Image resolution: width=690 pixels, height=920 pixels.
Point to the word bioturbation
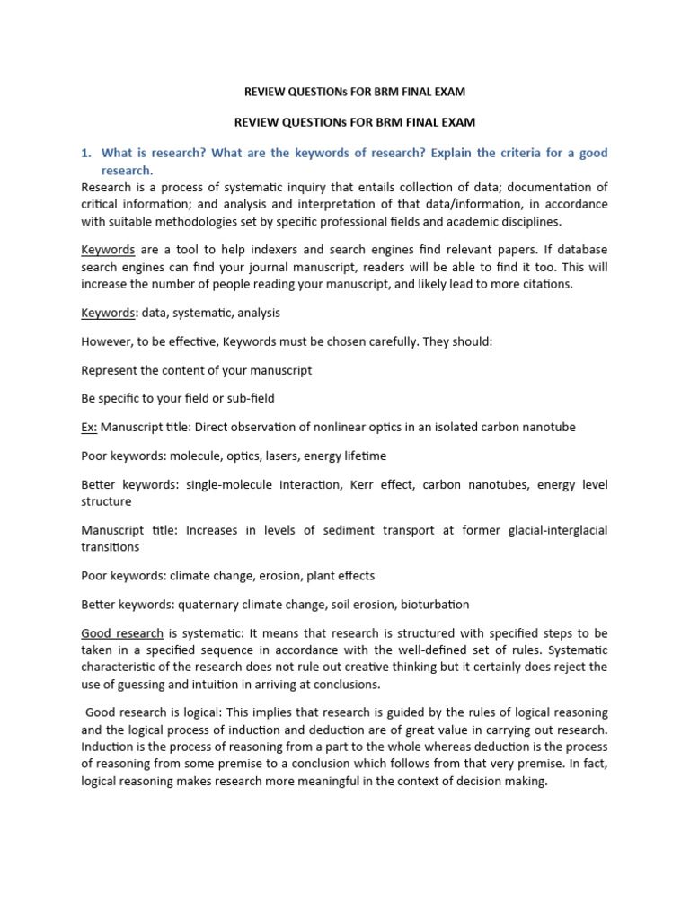(x=436, y=605)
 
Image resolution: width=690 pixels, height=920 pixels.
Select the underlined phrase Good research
(x=122, y=633)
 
